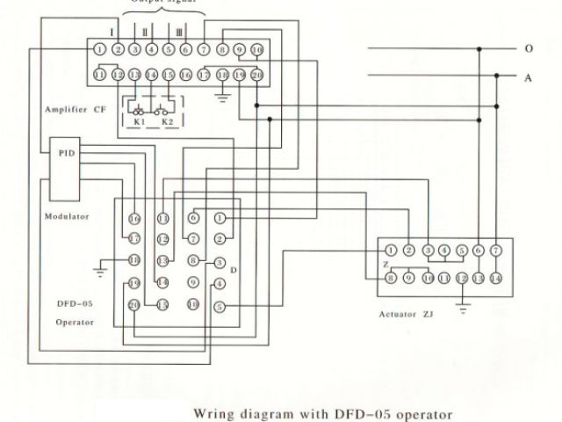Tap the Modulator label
pyautogui.click(x=66, y=215)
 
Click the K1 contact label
pyautogui.click(x=139, y=122)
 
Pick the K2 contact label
pyautogui.click(x=167, y=122)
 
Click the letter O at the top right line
pyautogui.click(x=529, y=48)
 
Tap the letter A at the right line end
pyautogui.click(x=529, y=77)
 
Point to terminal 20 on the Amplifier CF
pyautogui.click(x=256, y=76)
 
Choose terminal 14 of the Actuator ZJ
pyautogui.click(x=495, y=278)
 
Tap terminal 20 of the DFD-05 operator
pyautogui.click(x=134, y=304)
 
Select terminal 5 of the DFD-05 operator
pyautogui.click(x=220, y=306)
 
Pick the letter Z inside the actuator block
pyautogui.click(x=384, y=264)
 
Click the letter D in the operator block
pyautogui.click(x=233, y=269)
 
